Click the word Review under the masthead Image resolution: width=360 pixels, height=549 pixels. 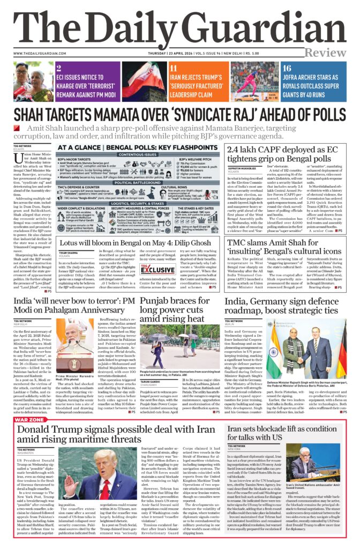click(x=326, y=53)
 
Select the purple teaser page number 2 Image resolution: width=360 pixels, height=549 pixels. click(x=58, y=68)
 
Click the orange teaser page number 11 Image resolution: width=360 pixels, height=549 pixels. click(x=173, y=68)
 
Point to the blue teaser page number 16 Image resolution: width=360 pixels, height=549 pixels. click(x=287, y=68)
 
